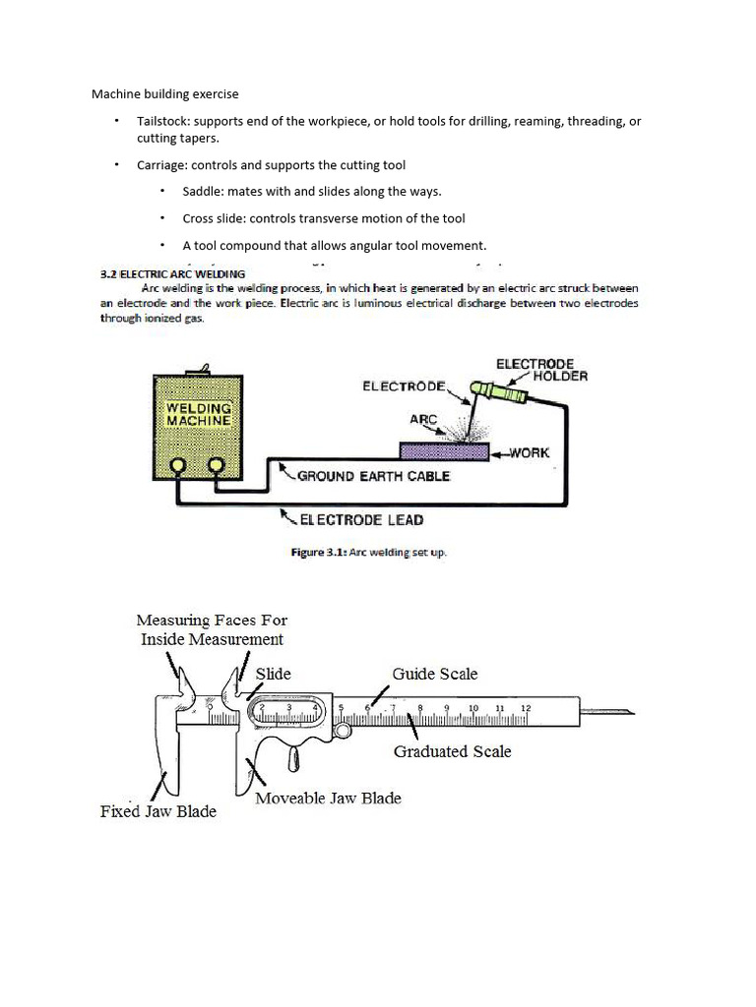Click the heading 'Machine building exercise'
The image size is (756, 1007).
(x=164, y=94)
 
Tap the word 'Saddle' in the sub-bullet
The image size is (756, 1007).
(x=203, y=192)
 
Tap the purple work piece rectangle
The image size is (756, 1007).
(x=444, y=451)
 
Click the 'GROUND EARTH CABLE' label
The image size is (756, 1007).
(x=373, y=476)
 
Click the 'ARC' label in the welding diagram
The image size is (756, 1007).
(x=423, y=419)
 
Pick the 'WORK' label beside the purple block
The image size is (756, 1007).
(x=529, y=453)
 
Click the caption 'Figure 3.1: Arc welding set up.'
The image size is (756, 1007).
(x=368, y=553)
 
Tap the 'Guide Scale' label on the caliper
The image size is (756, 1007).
(x=435, y=674)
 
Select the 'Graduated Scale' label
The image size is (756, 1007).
(x=452, y=751)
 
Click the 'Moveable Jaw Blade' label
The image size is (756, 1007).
(x=328, y=799)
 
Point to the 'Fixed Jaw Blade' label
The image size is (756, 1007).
(x=158, y=812)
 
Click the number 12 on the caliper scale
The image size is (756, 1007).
(x=526, y=708)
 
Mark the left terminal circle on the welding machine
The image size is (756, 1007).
(x=179, y=466)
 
